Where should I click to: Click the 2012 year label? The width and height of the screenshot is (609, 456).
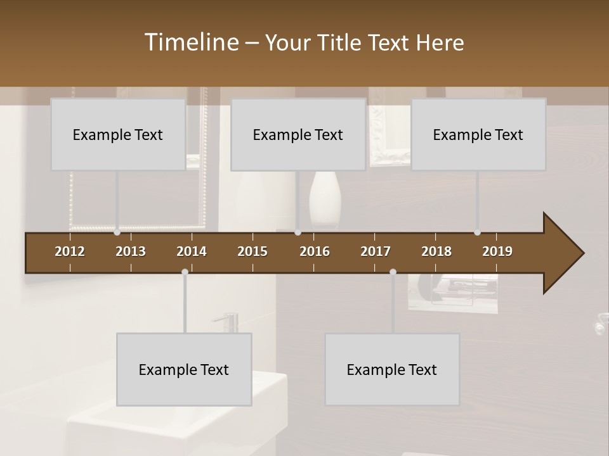(70, 251)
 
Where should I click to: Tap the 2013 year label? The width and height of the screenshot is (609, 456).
(131, 251)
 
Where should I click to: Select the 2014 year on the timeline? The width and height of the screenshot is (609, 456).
(192, 251)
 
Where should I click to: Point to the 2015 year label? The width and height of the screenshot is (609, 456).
(252, 251)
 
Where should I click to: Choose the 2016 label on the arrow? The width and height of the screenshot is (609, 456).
(315, 251)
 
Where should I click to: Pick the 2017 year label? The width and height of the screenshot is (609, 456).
(376, 251)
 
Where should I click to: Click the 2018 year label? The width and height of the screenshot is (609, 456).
(436, 251)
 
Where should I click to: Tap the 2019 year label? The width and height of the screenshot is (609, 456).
(497, 251)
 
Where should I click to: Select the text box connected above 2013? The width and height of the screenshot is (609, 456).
(118, 134)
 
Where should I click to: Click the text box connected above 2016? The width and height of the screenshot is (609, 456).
(298, 134)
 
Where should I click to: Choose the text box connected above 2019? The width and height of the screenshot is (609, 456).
(478, 134)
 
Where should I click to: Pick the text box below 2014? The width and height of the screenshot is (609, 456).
(184, 369)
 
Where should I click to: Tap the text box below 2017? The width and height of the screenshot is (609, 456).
(392, 369)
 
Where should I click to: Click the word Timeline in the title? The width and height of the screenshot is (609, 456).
(191, 42)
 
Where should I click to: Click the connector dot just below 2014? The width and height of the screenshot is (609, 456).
(185, 272)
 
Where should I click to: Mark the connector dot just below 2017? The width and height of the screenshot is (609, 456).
(393, 272)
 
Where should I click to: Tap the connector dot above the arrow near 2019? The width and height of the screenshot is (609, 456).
(477, 232)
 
